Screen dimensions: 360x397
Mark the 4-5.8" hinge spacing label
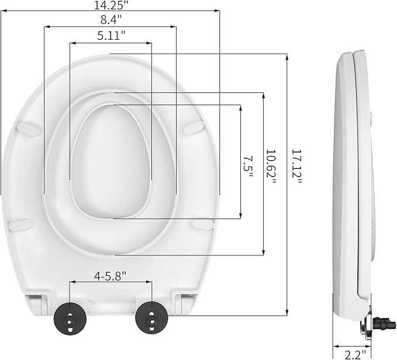pyautogui.click(x=111, y=274)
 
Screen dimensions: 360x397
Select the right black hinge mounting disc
pyautogui.click(x=149, y=318)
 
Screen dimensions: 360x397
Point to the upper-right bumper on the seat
pyautogui.click(x=192, y=126)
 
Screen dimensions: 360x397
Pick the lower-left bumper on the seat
pyautogui.click(x=22, y=224)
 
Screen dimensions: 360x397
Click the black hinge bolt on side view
pyautogui.click(x=378, y=322)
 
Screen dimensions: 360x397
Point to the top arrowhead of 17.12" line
pyautogui.click(x=286, y=57)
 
